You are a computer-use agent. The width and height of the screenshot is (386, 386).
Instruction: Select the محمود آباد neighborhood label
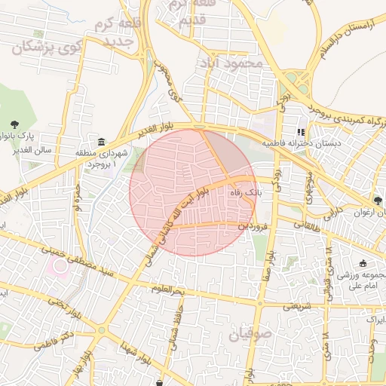click(x=229, y=64)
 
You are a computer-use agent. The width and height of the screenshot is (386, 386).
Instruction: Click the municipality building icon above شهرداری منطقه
click(x=101, y=142)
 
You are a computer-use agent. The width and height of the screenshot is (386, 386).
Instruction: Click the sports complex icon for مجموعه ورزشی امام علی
click(x=363, y=263)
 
